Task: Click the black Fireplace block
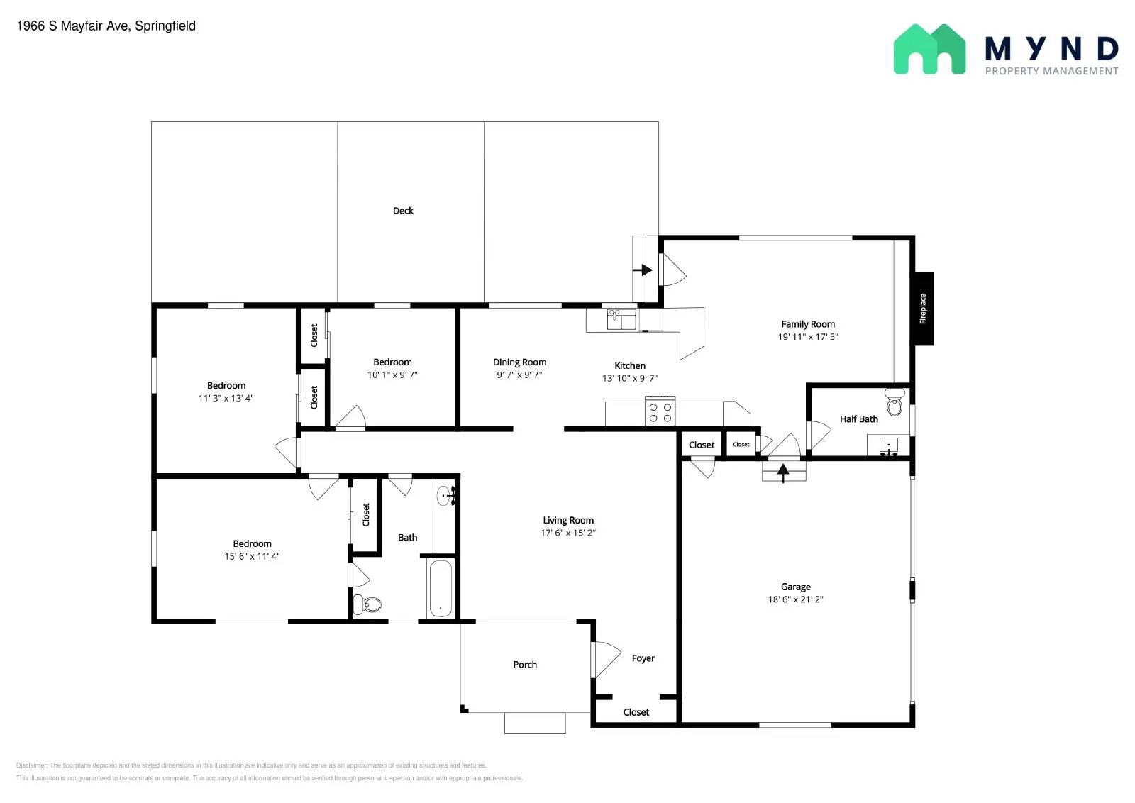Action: pos(923,309)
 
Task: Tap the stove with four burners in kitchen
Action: pos(660,412)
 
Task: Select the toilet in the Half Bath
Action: pos(895,402)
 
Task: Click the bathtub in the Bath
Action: pos(441,588)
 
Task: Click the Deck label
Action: pos(403,211)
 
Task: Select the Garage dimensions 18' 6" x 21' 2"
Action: pos(795,599)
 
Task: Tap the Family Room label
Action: pos(808,324)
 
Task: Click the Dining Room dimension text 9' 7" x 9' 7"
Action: pos(519,375)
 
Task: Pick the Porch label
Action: pos(525,665)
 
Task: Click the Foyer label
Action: pos(643,658)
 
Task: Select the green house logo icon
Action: pos(929,49)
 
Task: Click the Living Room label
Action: pos(568,520)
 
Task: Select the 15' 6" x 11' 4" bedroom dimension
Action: pos(252,557)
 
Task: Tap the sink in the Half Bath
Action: pos(888,446)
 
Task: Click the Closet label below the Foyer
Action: pos(636,712)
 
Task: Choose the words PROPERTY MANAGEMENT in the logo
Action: pos(1051,71)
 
